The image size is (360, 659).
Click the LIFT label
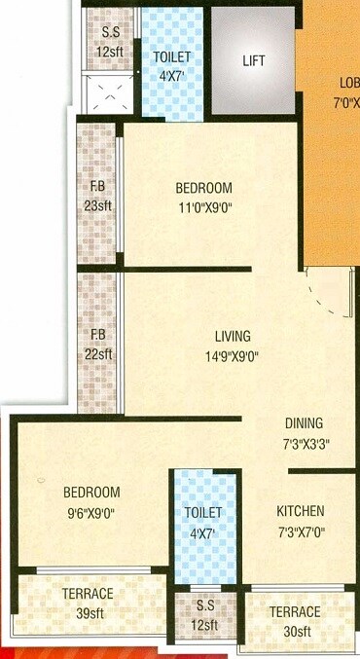tap(253, 60)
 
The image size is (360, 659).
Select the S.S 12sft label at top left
tap(111, 41)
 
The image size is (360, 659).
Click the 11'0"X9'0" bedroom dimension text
tap(203, 205)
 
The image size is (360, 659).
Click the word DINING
tap(304, 423)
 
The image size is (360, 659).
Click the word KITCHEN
tap(300, 511)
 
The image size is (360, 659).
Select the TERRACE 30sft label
tap(295, 620)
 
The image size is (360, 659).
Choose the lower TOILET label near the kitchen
tap(203, 513)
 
